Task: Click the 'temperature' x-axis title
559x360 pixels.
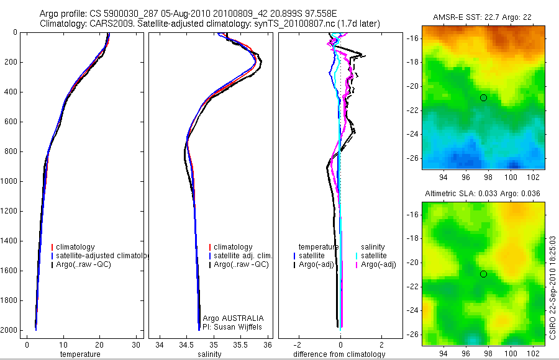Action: (x=80, y=354)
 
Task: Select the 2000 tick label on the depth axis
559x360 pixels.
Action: (x=9, y=330)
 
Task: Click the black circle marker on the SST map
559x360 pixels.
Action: (x=483, y=97)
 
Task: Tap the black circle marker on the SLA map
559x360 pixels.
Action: (x=483, y=274)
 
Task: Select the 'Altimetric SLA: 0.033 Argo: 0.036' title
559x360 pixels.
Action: (x=483, y=194)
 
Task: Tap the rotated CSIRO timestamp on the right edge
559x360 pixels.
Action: (x=553, y=286)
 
